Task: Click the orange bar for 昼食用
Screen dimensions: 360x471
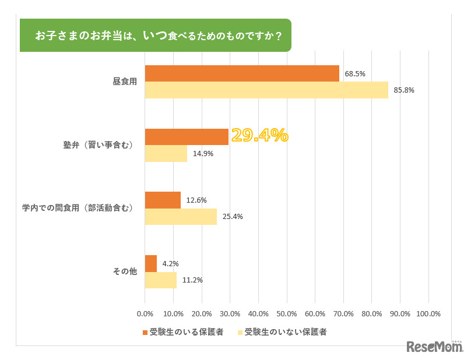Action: pyautogui.click(x=242, y=73)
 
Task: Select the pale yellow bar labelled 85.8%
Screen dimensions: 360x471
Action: pyautogui.click(x=266, y=90)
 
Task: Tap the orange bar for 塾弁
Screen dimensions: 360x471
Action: pyautogui.click(x=187, y=137)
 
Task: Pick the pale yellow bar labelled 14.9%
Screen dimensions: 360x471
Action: pyautogui.click(x=166, y=154)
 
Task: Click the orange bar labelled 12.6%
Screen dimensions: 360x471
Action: pyautogui.click(x=163, y=200)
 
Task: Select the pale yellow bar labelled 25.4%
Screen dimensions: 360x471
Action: pyautogui.click(x=181, y=217)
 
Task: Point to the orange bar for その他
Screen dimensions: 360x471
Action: pyautogui.click(x=150, y=263)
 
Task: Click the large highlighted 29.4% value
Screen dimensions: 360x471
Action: pyautogui.click(x=259, y=135)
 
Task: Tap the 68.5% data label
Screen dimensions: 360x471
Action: pyautogui.click(x=354, y=74)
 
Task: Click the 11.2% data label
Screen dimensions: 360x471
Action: pyautogui.click(x=192, y=280)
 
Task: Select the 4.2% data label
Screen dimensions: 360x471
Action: pyautogui.click(x=170, y=264)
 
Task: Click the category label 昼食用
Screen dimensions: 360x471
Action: pyautogui.click(x=124, y=82)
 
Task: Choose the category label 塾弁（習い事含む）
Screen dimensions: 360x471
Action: pyautogui.click(x=98, y=145)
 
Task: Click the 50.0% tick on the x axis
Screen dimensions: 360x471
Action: pyautogui.click(x=286, y=314)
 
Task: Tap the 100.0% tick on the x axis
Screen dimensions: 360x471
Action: pyautogui.click(x=428, y=314)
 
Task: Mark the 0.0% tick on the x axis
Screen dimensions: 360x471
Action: pyautogui.click(x=145, y=314)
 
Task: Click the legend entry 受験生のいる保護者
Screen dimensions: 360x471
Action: pyautogui.click(x=182, y=332)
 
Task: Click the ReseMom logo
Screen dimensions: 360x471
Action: pyautogui.click(x=434, y=347)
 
